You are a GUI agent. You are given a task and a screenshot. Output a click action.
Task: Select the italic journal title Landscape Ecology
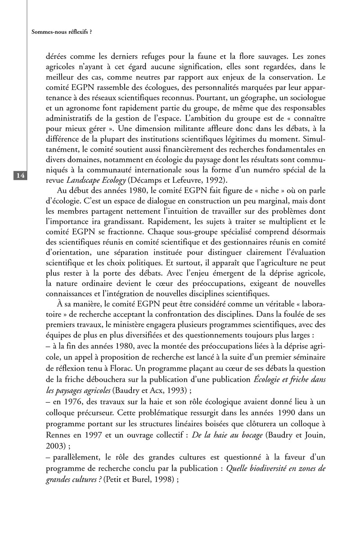[x=92, y=181]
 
